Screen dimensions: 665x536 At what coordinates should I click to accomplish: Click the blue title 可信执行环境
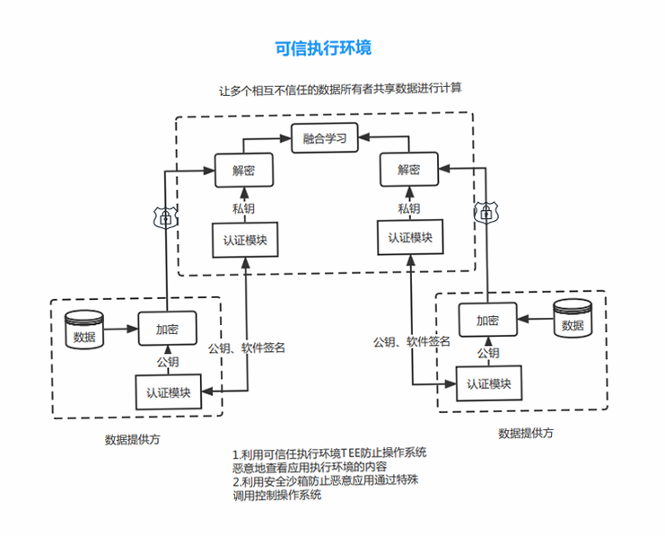(x=323, y=48)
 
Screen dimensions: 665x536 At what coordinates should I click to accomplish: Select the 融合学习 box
(x=325, y=138)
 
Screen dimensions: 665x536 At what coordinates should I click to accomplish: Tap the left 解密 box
(x=244, y=171)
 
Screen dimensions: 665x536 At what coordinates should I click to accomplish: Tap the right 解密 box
(x=409, y=170)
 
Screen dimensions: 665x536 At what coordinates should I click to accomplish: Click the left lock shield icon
(x=166, y=217)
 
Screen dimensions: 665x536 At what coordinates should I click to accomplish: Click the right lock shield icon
(x=486, y=212)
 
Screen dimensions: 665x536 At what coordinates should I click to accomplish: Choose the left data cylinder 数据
(x=84, y=330)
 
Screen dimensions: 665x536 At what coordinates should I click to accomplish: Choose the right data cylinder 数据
(x=573, y=319)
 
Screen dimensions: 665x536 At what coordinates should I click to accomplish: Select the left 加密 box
(x=168, y=329)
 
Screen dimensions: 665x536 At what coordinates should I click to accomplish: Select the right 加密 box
(x=487, y=320)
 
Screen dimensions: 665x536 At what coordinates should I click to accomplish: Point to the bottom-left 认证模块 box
(x=169, y=392)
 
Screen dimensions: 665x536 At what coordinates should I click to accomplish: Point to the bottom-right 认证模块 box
(x=488, y=383)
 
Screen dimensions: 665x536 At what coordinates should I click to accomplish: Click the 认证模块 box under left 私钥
(x=245, y=240)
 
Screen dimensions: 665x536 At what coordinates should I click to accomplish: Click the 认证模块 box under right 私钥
(x=410, y=237)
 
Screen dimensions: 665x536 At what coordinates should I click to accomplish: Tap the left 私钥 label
(x=243, y=208)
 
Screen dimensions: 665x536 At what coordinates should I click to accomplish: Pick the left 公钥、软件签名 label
(x=247, y=348)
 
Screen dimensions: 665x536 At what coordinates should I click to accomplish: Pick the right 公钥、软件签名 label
(x=411, y=342)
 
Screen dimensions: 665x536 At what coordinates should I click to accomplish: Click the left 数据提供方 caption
(x=132, y=439)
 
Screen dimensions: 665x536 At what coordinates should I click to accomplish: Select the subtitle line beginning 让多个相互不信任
(x=340, y=90)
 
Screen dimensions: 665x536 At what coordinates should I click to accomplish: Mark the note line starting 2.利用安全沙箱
(x=325, y=481)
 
